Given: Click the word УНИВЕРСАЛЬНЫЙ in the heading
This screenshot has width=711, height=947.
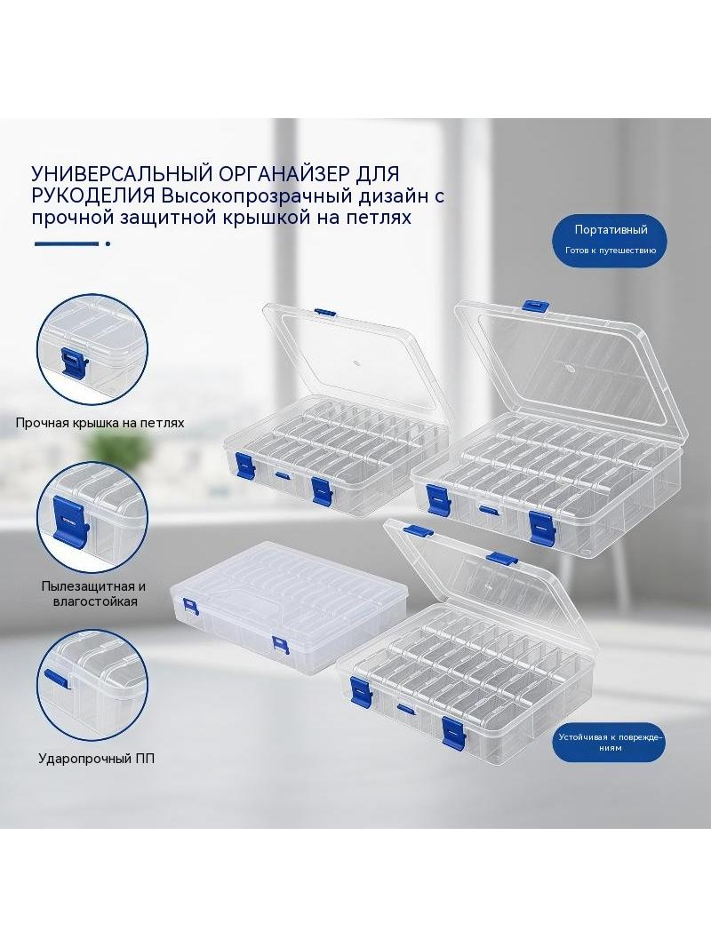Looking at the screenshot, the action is click(118, 173).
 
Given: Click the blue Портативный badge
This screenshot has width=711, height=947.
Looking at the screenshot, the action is click(611, 239).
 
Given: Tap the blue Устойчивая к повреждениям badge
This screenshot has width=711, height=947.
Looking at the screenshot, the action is click(610, 743).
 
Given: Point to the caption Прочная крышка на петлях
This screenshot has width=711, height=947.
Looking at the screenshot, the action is click(100, 423).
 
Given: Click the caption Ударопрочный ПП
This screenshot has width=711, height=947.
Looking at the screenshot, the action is click(96, 758).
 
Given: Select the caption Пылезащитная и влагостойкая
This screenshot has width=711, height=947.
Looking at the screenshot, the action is click(93, 593).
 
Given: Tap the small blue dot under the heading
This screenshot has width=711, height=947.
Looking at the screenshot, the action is click(108, 244).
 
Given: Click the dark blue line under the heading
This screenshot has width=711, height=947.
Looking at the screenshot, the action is click(67, 244).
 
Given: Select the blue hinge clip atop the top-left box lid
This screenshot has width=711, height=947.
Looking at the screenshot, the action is click(324, 312).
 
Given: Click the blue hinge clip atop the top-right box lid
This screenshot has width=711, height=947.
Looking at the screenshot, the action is click(535, 306).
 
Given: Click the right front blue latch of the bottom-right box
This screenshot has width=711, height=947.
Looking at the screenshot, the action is click(453, 731).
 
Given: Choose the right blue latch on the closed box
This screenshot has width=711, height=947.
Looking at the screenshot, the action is click(281, 645).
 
